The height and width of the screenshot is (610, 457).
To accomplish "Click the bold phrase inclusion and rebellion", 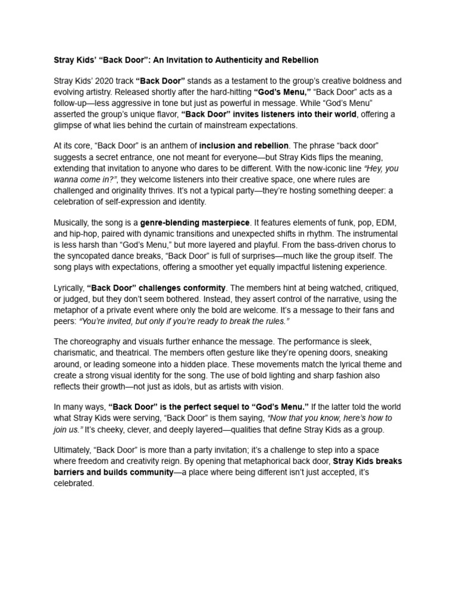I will (x=244, y=146).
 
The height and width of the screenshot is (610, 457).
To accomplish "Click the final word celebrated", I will (x=74, y=484).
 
